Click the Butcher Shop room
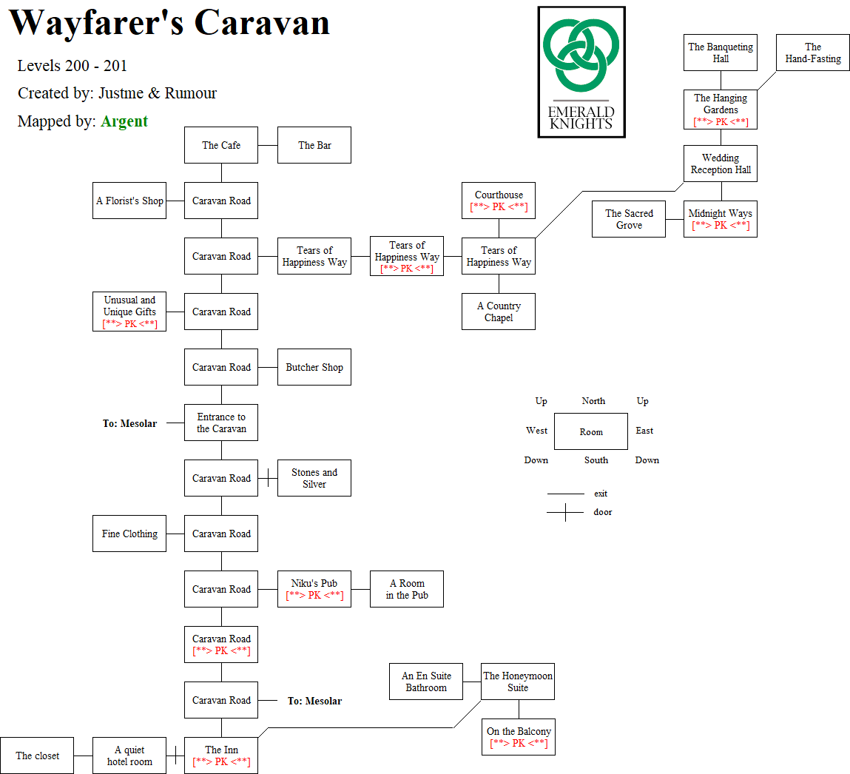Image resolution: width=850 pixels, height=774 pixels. [314, 367]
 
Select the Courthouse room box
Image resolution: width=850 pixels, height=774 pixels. [499, 201]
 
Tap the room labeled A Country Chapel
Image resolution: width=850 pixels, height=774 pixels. [499, 312]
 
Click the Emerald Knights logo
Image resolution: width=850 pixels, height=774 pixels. [581, 72]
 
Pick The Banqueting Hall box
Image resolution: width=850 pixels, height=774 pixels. [721, 53]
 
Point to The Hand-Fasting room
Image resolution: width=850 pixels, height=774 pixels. [813, 53]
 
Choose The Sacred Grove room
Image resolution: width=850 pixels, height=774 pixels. [629, 219]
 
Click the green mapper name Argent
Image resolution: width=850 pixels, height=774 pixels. [124, 121]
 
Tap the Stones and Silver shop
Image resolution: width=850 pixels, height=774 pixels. [314, 478]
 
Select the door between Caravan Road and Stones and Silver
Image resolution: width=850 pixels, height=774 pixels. [267, 478]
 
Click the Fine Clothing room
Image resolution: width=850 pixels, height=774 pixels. [129, 534]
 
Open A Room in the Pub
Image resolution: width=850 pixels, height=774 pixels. [407, 589]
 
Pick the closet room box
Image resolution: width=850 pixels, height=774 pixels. [37, 756]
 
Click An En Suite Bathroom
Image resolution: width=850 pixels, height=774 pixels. [426, 682]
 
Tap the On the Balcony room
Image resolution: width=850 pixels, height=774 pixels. [519, 737]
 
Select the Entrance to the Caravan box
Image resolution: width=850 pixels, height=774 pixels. [221, 423]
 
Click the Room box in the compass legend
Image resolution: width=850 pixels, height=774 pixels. [591, 431]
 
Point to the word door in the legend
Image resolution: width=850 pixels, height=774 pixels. [603, 512]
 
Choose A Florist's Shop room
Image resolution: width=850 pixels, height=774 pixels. [129, 201]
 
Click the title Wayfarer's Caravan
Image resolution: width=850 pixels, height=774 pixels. [169, 24]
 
